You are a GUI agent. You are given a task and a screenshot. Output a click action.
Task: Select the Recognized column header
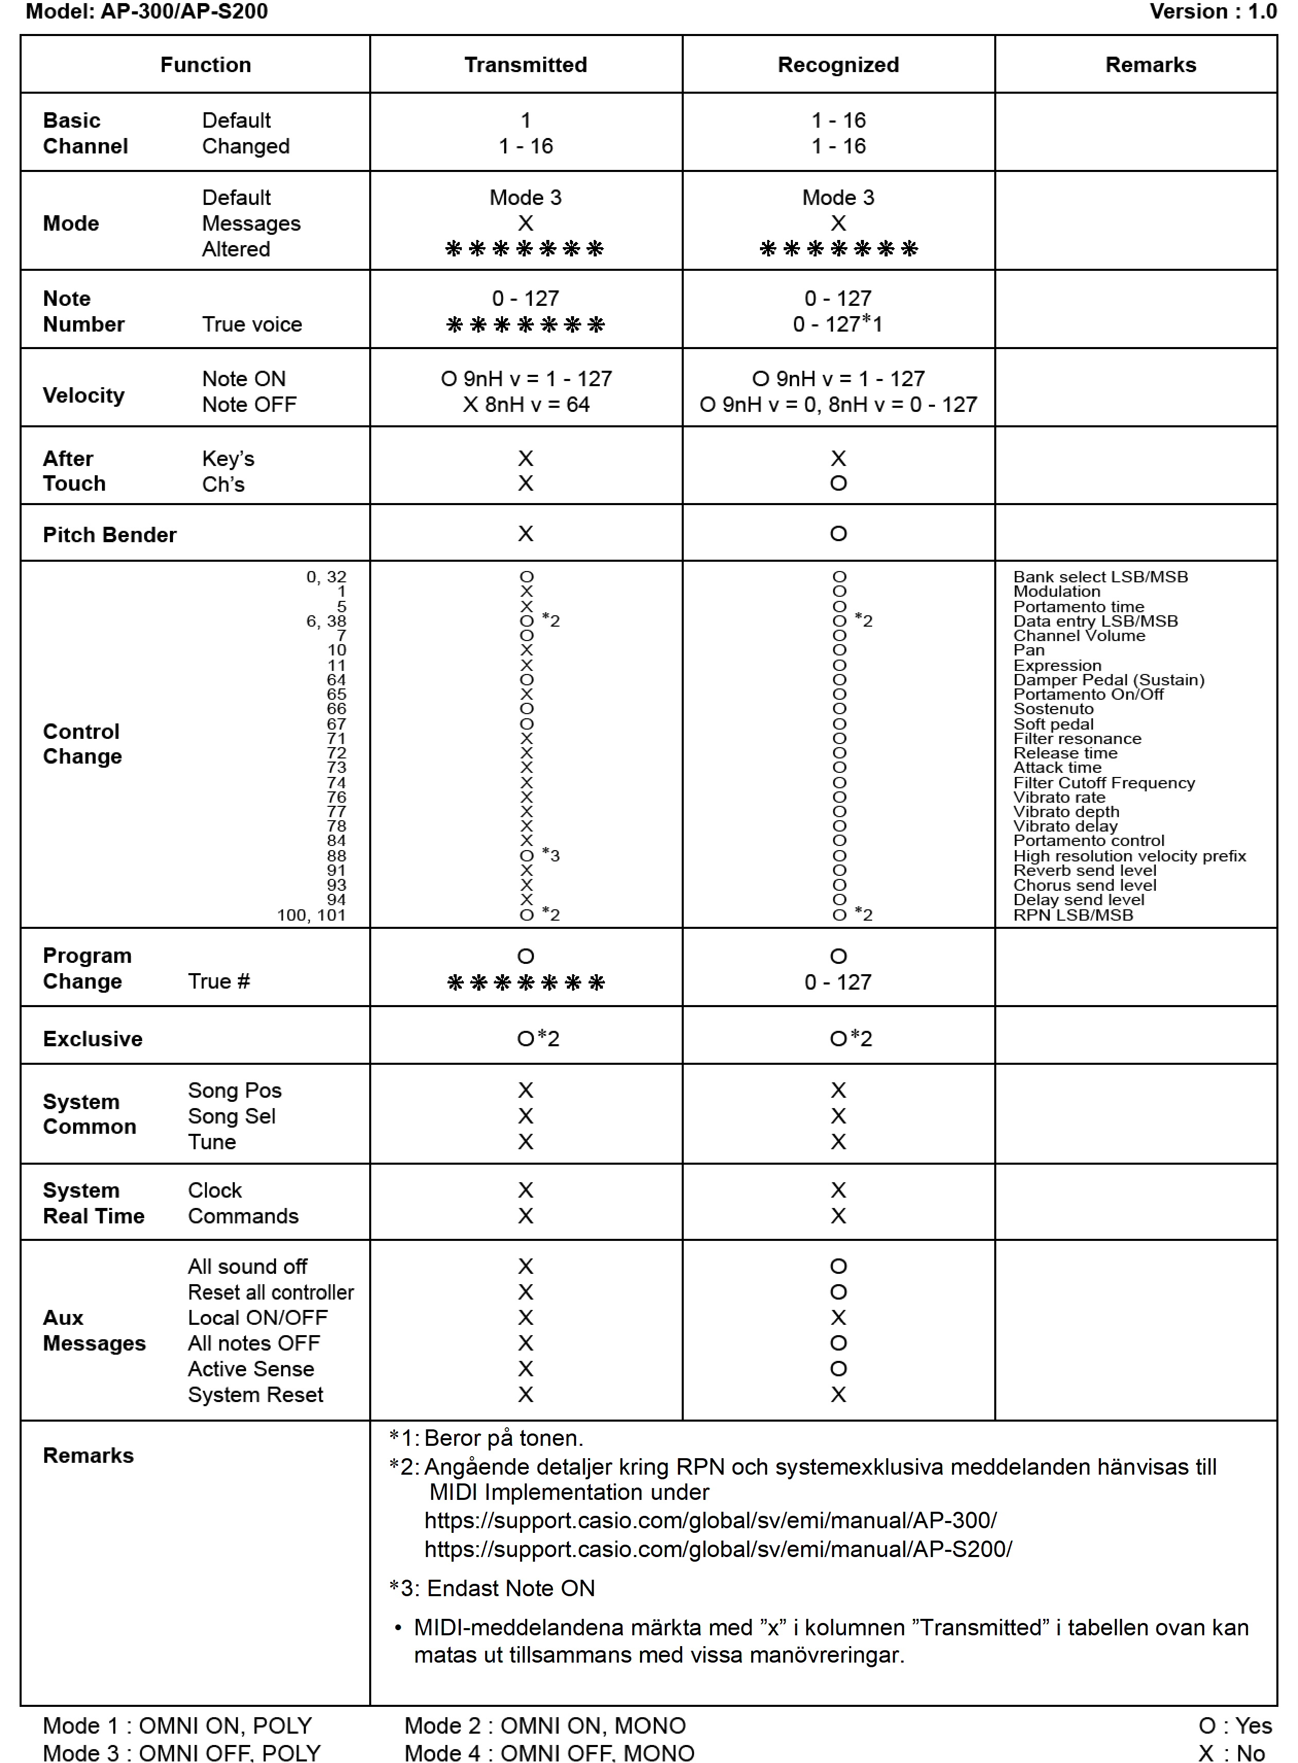pyautogui.click(x=838, y=64)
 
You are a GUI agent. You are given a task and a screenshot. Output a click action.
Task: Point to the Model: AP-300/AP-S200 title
pyautogui.click(x=147, y=12)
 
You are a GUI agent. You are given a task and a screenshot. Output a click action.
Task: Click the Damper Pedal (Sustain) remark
pyautogui.click(x=1108, y=680)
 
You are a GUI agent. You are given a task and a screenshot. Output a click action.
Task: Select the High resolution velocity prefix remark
pyautogui.click(x=1129, y=856)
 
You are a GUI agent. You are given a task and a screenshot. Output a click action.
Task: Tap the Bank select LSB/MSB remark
pyautogui.click(x=1100, y=577)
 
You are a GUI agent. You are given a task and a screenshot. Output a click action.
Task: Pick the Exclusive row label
pyautogui.click(x=93, y=1039)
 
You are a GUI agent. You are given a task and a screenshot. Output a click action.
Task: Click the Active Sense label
pyautogui.click(x=251, y=1369)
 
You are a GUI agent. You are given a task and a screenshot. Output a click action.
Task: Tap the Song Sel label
pyautogui.click(x=232, y=1116)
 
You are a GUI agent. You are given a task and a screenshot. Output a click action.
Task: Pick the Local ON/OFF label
pyautogui.click(x=258, y=1318)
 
